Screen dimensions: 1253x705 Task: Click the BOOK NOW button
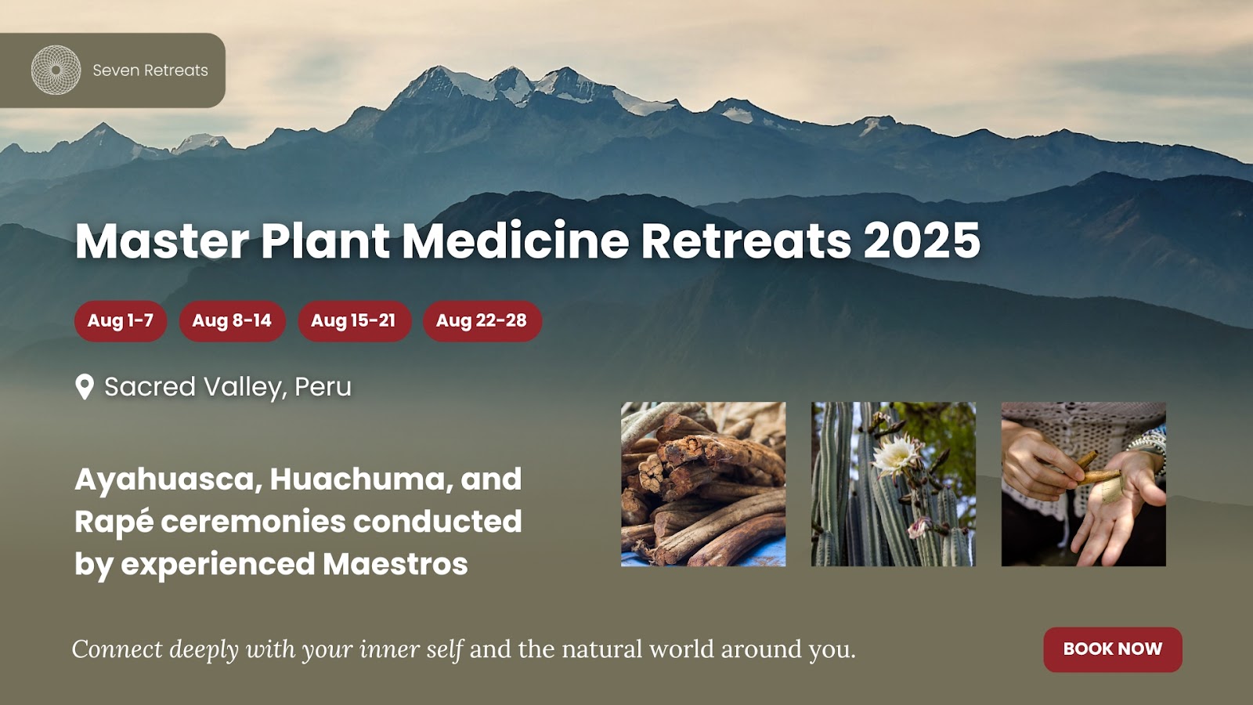[1113, 649]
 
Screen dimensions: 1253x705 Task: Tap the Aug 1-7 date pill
[121, 320]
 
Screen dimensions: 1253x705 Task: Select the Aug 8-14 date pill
[232, 320]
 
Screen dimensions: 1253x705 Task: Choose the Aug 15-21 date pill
[354, 320]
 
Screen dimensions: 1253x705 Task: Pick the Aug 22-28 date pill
[482, 320]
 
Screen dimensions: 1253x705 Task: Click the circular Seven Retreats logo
[56, 70]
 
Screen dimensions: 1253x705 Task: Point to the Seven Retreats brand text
[150, 70]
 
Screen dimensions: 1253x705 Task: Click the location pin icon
[85, 387]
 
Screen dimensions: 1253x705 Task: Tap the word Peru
[323, 387]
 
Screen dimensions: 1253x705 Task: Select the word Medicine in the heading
[515, 240]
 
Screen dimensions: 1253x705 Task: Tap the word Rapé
[114, 522]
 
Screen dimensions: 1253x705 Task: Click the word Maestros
[395, 564]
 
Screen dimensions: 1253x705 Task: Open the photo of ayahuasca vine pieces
[703, 484]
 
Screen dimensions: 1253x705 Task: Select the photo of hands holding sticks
[1084, 484]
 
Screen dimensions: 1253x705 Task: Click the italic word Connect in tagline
[117, 649]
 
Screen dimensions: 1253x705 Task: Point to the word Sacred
[150, 387]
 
